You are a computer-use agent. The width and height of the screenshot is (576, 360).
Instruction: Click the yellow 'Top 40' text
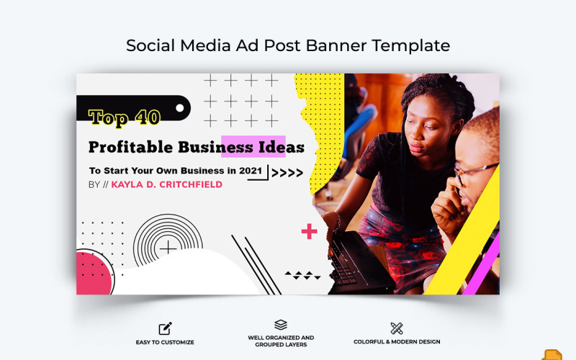(125, 117)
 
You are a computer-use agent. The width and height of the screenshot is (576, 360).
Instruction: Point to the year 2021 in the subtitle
(256, 171)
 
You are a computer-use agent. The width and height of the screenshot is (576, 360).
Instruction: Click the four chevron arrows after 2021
(287, 172)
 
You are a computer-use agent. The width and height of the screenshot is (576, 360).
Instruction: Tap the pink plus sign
(309, 231)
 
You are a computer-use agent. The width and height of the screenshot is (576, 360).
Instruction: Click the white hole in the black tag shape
(179, 109)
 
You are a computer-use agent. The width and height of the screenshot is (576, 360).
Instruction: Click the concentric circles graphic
(168, 248)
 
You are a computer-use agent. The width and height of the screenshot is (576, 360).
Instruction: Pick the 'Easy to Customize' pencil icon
(165, 328)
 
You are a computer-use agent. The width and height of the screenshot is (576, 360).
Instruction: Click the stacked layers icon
(281, 325)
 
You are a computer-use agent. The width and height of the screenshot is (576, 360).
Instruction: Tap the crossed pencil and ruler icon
(397, 328)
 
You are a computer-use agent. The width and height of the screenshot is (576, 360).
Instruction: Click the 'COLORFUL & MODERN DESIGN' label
(397, 342)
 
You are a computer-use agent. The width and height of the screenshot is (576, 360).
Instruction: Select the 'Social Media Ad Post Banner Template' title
(288, 45)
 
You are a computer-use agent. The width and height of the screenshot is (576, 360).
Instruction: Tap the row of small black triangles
(302, 274)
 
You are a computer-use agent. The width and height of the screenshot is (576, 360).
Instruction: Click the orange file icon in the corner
(552, 354)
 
